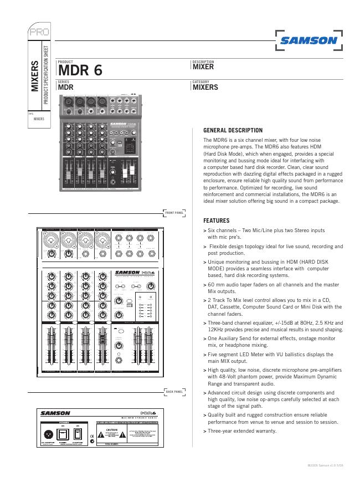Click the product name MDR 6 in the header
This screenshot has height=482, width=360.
pos(80,71)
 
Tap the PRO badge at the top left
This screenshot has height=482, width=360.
pos(39,32)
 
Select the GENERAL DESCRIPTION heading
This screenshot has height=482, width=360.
pos(233,130)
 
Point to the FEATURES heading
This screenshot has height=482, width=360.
pos(217,221)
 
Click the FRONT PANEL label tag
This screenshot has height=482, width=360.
pos(174,212)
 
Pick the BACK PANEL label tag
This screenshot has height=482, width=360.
pos(174,392)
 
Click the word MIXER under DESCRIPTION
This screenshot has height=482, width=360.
pos(203,67)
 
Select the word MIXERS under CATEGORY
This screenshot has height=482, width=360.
pos(205,87)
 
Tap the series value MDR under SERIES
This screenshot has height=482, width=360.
pos(66,87)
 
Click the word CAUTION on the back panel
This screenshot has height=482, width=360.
pos(114,430)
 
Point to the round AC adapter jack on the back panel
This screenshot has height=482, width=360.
pos(48,434)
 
